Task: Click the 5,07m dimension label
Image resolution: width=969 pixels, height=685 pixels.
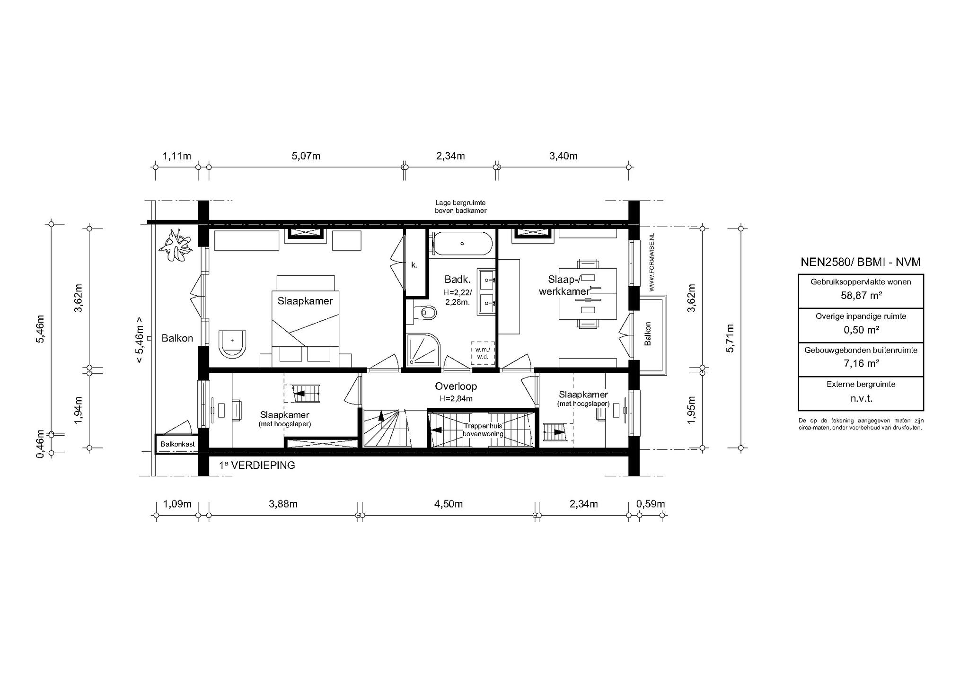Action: [x=306, y=156]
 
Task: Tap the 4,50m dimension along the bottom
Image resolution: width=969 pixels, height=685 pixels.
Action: [x=448, y=504]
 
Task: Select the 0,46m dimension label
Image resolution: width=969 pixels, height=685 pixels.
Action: [x=41, y=444]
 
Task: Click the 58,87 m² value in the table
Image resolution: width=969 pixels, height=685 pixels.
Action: [x=861, y=296]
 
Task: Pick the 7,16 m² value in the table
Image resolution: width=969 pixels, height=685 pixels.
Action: [x=861, y=364]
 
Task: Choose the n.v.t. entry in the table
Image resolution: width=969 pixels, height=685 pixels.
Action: [x=861, y=398]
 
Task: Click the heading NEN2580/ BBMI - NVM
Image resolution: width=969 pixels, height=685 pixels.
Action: [x=861, y=262]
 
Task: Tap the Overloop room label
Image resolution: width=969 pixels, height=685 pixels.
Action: [x=456, y=386]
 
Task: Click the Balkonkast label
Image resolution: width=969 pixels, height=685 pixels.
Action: [x=177, y=444]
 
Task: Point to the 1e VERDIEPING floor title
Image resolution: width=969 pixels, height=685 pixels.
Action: [x=257, y=465]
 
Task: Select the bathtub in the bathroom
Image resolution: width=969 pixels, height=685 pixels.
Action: [x=461, y=244]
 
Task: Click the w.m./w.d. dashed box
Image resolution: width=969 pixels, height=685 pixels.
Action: [x=483, y=353]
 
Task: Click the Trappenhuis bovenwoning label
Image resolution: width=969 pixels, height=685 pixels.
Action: [x=483, y=430]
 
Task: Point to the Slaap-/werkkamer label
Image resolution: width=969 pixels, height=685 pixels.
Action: [x=564, y=285]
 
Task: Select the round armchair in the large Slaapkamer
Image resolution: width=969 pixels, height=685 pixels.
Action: [x=232, y=342]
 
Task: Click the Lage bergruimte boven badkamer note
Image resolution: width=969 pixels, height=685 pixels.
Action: [x=460, y=207]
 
